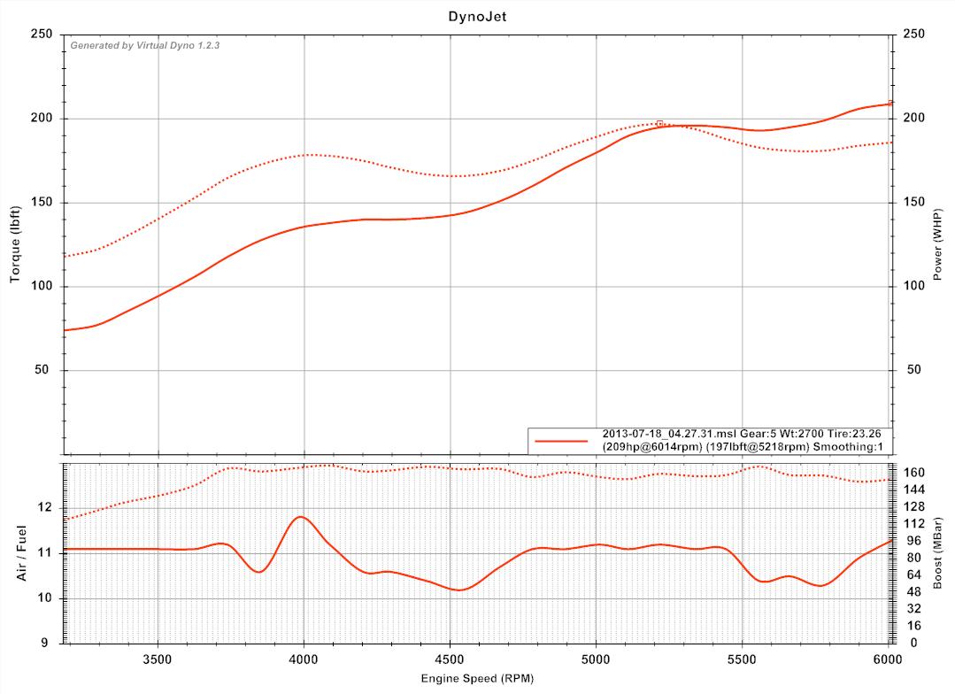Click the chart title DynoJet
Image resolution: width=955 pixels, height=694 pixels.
click(x=477, y=15)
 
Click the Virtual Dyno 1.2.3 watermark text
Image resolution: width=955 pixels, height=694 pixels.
click(x=144, y=45)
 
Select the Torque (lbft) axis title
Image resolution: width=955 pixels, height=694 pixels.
click(x=15, y=242)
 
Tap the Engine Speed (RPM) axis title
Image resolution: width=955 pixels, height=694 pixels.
click(x=477, y=678)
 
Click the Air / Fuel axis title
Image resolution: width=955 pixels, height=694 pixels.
click(x=22, y=553)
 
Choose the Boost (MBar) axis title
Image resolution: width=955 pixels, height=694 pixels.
click(x=938, y=553)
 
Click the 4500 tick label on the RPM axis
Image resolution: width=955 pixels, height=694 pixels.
click(x=450, y=659)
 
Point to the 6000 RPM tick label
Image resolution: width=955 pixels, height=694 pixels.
click(x=888, y=659)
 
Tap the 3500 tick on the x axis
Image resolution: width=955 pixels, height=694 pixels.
click(x=158, y=659)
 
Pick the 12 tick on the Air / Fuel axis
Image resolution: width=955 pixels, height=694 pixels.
click(x=47, y=508)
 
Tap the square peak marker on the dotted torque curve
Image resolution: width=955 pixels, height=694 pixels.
click(x=659, y=123)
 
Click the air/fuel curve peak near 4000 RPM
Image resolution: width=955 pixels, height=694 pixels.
click(x=302, y=517)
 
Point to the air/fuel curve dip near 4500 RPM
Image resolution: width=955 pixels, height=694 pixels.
click(x=459, y=590)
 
